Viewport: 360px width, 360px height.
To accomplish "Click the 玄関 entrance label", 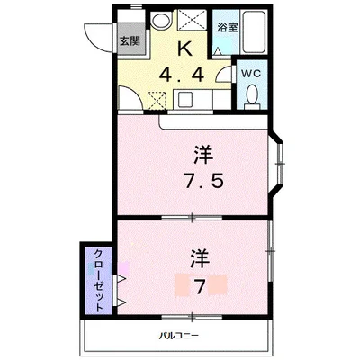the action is tap(130, 41).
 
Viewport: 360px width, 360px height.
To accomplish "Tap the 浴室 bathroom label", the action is tap(228, 28).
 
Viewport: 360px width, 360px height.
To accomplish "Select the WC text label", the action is tap(251, 74).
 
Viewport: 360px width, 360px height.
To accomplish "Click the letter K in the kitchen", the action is tap(185, 48).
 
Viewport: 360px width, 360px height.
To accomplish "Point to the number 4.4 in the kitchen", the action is tap(182, 75).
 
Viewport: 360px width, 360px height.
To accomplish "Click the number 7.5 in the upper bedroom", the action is tap(204, 181).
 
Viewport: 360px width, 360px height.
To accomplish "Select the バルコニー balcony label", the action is tap(178, 336).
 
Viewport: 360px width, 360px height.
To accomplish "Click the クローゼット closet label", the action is tap(99, 281).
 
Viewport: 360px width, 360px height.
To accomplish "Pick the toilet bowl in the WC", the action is tap(252, 95).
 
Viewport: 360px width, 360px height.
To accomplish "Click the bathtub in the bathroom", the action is tap(254, 32).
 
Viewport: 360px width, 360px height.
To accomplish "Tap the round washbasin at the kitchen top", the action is tap(161, 21).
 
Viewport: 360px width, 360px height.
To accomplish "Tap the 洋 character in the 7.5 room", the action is tap(203, 155).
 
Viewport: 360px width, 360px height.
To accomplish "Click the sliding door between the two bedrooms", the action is tap(192, 218).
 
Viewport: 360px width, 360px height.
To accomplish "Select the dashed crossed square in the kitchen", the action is tap(157, 101).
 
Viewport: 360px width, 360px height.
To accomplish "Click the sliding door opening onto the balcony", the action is tap(192, 317).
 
